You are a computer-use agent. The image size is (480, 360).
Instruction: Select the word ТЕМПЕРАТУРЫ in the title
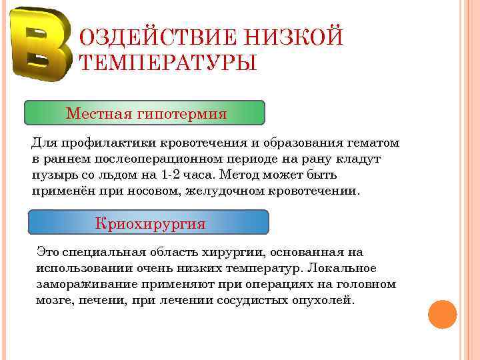pos(167,63)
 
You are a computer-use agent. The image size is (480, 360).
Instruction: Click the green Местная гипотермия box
pos(145,113)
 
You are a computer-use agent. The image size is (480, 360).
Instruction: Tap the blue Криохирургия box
pos(149,223)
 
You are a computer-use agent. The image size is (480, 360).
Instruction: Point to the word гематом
pos(373,143)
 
